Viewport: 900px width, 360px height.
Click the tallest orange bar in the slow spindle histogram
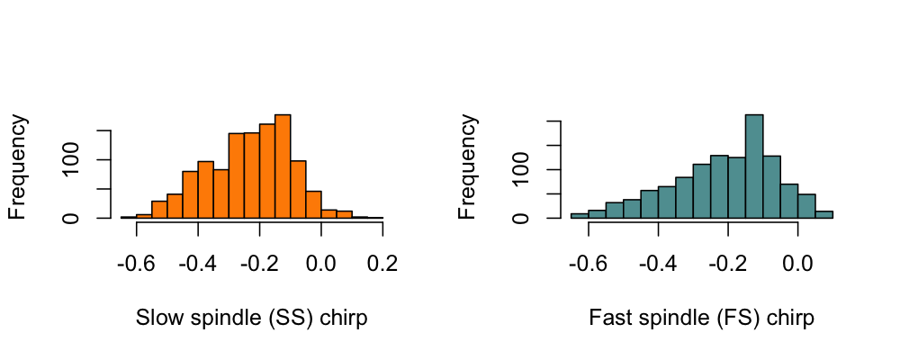click(283, 167)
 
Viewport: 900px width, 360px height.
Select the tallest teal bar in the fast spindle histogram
click(754, 167)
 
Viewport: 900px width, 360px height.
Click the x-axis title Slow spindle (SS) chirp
click(251, 319)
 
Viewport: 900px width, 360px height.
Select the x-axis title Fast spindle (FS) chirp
click(701, 319)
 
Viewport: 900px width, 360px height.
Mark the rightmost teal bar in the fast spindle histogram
click(824, 214)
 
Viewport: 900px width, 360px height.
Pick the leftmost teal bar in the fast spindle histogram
click(579, 215)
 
